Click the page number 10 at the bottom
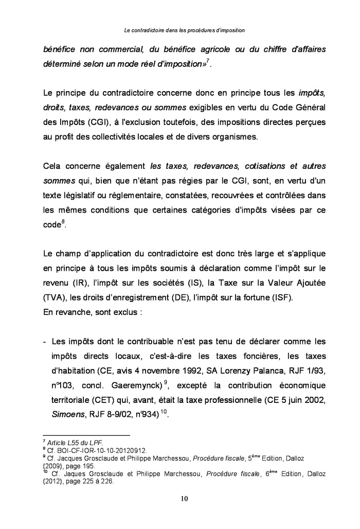[180, 499]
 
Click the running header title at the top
[185, 31]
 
